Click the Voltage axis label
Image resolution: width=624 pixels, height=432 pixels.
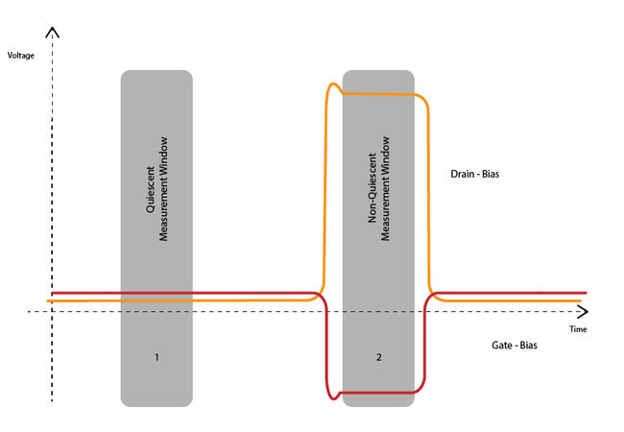[x=21, y=56]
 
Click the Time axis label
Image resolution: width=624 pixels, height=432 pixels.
[x=577, y=329]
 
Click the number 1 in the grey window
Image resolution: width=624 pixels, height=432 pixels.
[x=156, y=357]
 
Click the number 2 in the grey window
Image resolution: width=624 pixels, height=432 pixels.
[x=379, y=357]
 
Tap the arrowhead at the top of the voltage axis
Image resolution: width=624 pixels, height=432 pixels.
[x=53, y=33]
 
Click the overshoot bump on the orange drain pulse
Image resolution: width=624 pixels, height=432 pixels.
[x=334, y=87]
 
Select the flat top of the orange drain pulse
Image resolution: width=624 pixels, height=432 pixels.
[x=379, y=93]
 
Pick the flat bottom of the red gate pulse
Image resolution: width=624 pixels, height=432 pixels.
[x=379, y=392]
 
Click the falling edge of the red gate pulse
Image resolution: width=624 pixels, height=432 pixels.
[x=327, y=346]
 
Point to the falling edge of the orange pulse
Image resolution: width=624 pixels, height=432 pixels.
[x=426, y=192]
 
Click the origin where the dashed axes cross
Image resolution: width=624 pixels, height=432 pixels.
[x=53, y=312]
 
